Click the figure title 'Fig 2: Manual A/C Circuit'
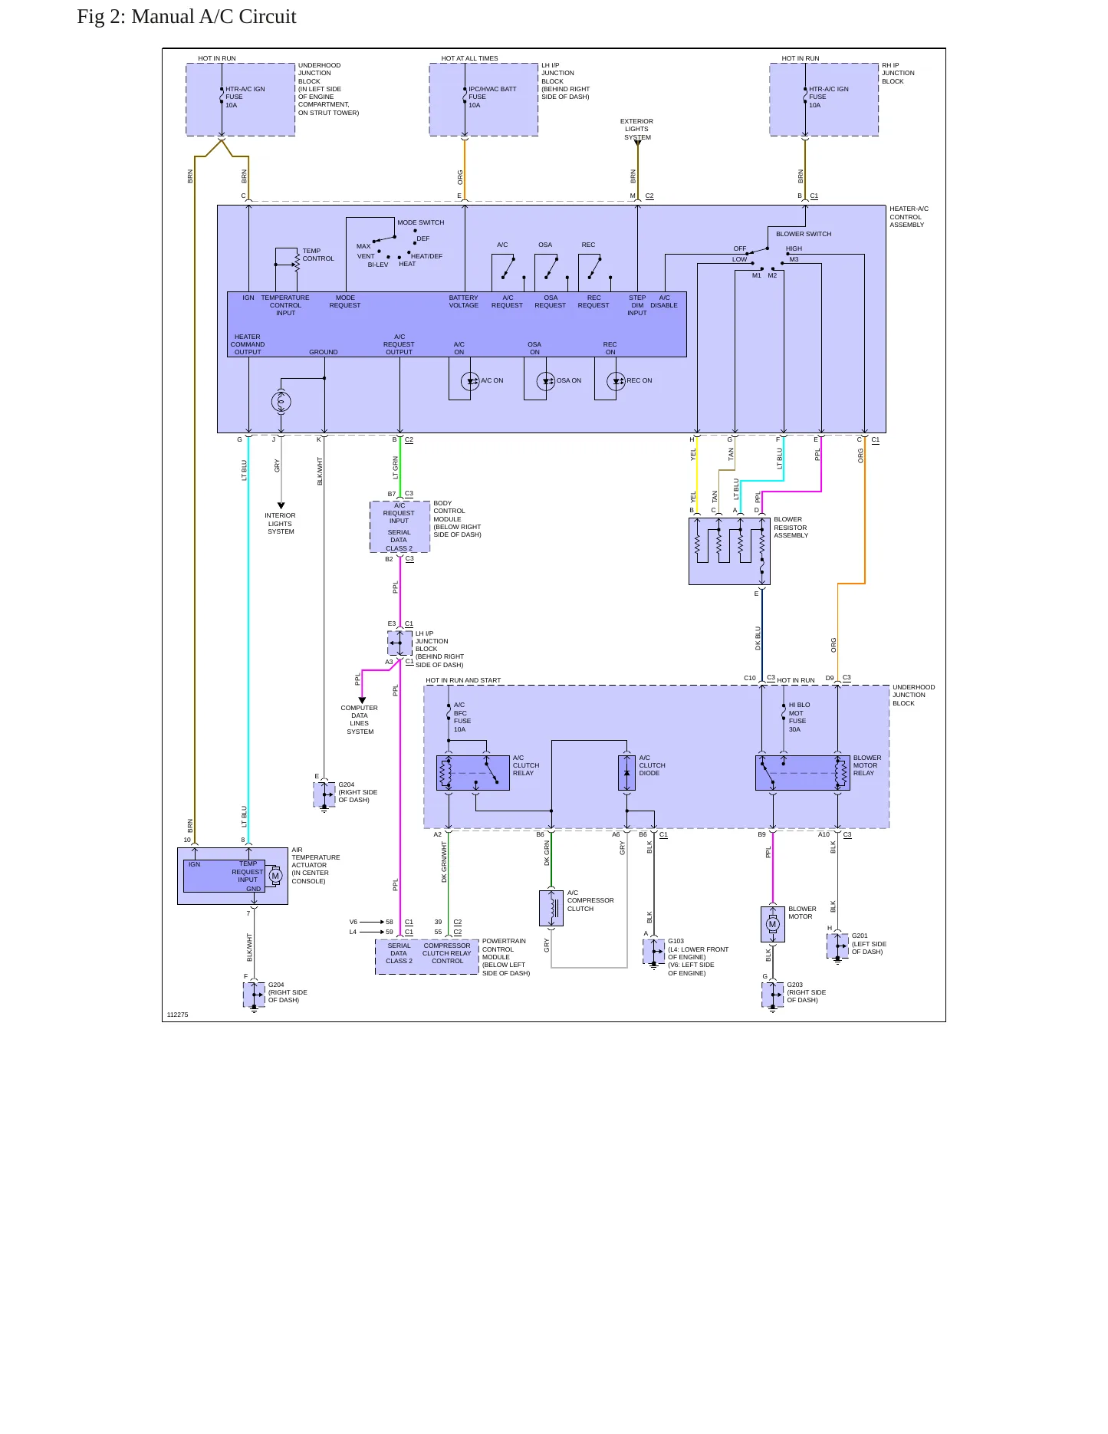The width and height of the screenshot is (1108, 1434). coord(186,17)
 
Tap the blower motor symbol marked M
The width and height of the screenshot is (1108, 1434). coord(772,924)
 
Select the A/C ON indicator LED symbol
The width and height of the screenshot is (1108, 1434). coord(470,381)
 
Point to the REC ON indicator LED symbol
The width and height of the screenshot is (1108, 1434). coord(616,381)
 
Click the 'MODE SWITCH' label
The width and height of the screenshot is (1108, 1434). coord(420,222)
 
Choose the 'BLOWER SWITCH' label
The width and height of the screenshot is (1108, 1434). coord(804,234)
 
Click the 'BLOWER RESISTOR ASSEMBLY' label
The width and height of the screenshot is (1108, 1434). coord(791,528)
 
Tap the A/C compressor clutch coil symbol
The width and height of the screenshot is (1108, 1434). coord(551,908)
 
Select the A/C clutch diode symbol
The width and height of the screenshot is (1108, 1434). coord(626,773)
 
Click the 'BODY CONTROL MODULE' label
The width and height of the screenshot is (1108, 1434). coord(449,511)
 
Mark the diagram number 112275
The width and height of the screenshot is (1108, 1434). coord(177,1015)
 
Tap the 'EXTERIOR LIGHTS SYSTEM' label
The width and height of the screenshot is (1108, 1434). coord(636,129)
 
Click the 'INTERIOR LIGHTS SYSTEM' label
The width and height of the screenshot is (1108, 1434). coord(281,524)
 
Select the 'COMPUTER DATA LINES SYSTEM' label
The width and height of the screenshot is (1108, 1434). coord(360,720)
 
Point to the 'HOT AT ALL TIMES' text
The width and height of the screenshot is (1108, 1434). coord(469,58)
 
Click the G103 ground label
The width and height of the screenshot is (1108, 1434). coord(676,941)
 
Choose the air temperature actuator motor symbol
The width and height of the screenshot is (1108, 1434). coord(275,876)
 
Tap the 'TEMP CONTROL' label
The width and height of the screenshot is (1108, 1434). coord(318,255)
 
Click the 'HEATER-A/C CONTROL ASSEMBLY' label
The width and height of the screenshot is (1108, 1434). coord(909,217)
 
